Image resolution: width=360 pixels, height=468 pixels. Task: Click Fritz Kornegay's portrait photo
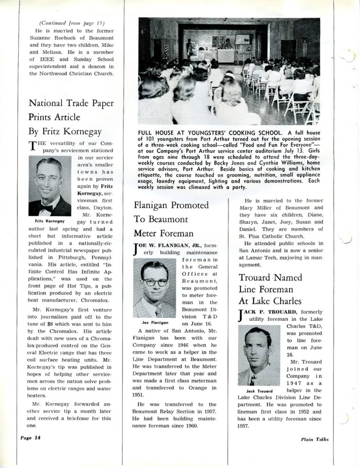tap(50, 186)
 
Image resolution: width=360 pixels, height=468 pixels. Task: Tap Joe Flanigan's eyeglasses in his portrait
tap(155, 282)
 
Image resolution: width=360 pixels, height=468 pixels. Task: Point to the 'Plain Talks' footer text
tap(314, 439)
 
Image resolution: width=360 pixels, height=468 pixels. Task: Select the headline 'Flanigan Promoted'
tap(171, 205)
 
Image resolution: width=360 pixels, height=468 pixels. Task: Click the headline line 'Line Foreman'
tap(266, 289)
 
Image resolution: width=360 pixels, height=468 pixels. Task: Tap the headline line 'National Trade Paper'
tap(71, 103)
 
